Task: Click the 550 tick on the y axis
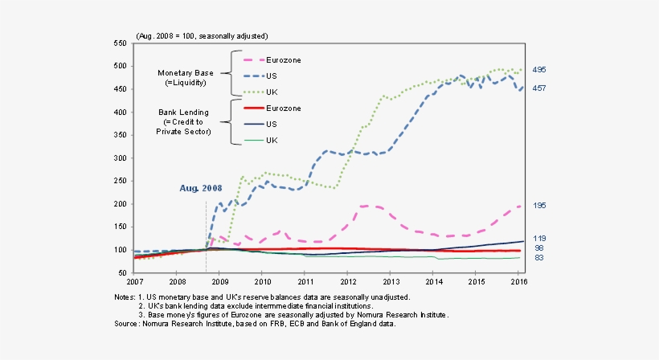(x=121, y=43)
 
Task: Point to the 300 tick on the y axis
(x=121, y=158)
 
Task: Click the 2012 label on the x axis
(x=348, y=283)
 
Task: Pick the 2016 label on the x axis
(x=519, y=283)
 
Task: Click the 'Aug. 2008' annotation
(x=200, y=187)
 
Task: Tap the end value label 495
(x=540, y=70)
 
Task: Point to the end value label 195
(x=540, y=206)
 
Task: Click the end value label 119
(x=540, y=238)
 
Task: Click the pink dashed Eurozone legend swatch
(x=253, y=60)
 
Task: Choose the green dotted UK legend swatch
(x=253, y=92)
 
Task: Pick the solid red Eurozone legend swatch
(x=253, y=108)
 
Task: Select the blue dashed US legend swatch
(x=253, y=76)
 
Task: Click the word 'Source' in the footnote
(x=127, y=324)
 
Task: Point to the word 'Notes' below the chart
(x=126, y=297)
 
